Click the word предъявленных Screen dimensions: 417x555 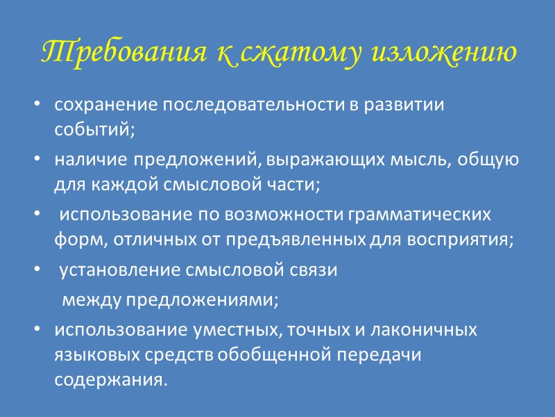pos(307,239)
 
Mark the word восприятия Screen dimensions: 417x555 pos(466,239)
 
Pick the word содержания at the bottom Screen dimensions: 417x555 pos(110,380)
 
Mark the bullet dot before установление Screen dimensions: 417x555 pos(36,271)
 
